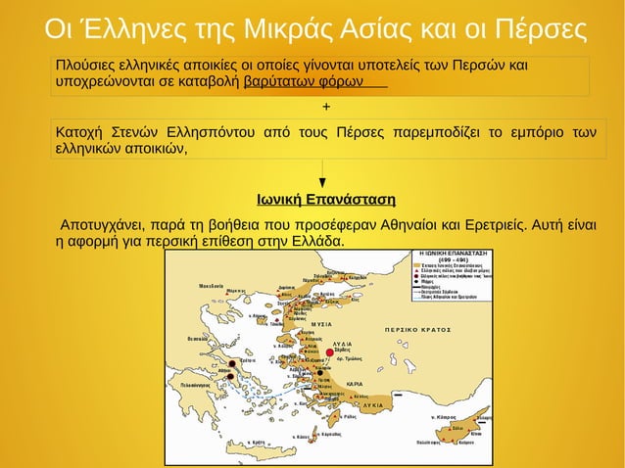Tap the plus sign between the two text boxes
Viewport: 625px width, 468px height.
[325, 106]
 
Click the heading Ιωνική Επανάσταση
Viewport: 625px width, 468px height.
[326, 201]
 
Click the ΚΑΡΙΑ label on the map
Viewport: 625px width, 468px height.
[355, 384]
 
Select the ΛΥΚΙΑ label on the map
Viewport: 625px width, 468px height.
[372, 403]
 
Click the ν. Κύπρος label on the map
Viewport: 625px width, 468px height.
[447, 417]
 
